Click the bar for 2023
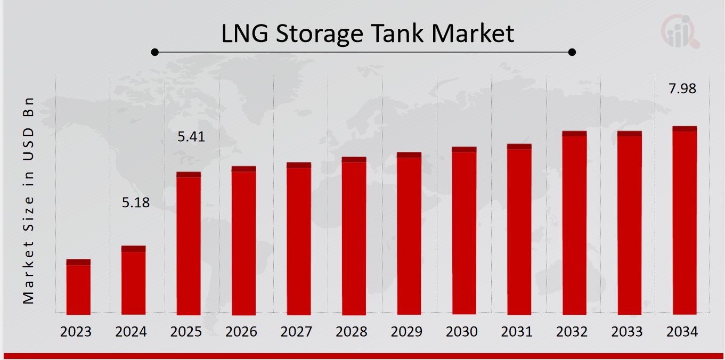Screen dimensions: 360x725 pyautogui.click(x=78, y=288)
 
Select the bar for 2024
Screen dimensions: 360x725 pyautogui.click(x=133, y=281)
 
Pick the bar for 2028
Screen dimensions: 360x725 pyautogui.click(x=354, y=236)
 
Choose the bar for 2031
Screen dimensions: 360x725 pyautogui.click(x=519, y=230)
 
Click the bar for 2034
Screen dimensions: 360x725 pyautogui.click(x=685, y=221)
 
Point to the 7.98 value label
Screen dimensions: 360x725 pyautogui.click(x=682, y=89)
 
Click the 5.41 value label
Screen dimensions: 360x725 pyautogui.click(x=191, y=137)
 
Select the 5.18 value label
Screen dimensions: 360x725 pyautogui.click(x=136, y=203)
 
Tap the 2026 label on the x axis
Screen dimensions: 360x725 pyautogui.click(x=241, y=332)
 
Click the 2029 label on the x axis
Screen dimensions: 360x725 pyautogui.click(x=406, y=332)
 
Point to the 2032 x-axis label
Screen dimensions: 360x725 pyautogui.click(x=572, y=332)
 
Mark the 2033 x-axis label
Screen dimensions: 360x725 pyautogui.click(x=627, y=332)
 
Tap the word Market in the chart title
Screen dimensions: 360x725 pyautogui.click(x=473, y=34)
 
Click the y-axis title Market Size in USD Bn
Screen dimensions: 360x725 pyautogui.click(x=28, y=201)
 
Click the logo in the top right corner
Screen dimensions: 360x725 pyautogui.click(x=680, y=30)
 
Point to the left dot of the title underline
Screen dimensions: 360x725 pyautogui.click(x=154, y=52)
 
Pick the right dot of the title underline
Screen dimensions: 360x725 pyautogui.click(x=572, y=52)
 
